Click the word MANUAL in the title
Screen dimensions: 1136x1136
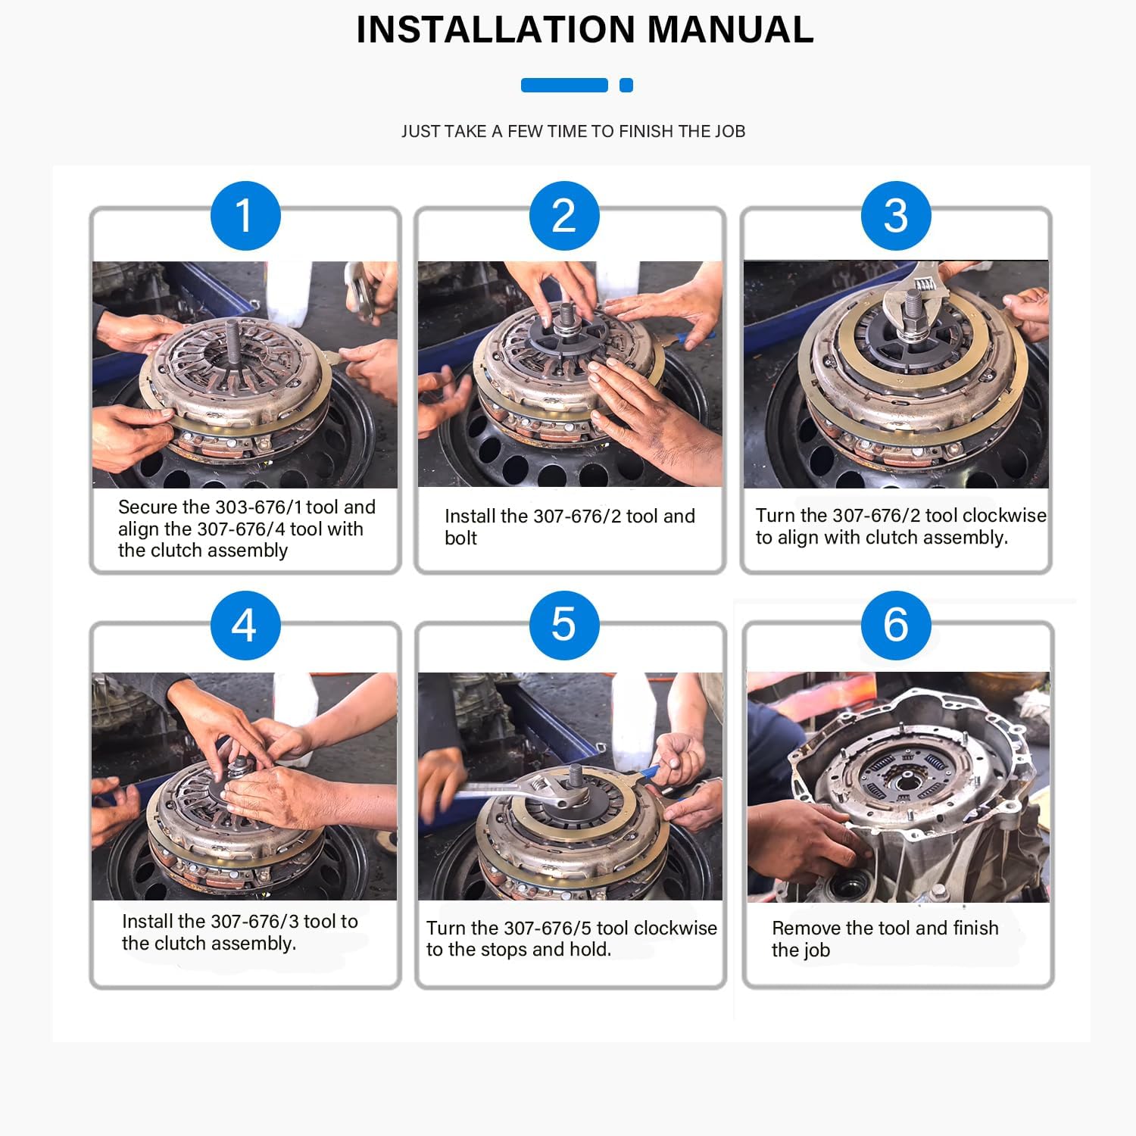(730, 30)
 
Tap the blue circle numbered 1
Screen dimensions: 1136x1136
(245, 216)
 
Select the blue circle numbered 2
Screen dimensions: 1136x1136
(564, 216)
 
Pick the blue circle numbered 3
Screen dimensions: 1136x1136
(896, 216)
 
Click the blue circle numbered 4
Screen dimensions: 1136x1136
(245, 626)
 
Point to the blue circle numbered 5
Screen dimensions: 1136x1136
(564, 626)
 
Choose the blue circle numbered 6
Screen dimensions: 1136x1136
(896, 626)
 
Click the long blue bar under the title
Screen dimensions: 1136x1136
(564, 86)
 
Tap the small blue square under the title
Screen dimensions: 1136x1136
(626, 86)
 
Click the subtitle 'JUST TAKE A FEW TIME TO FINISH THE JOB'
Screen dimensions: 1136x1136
(573, 132)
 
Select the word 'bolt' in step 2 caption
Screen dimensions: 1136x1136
(460, 538)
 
